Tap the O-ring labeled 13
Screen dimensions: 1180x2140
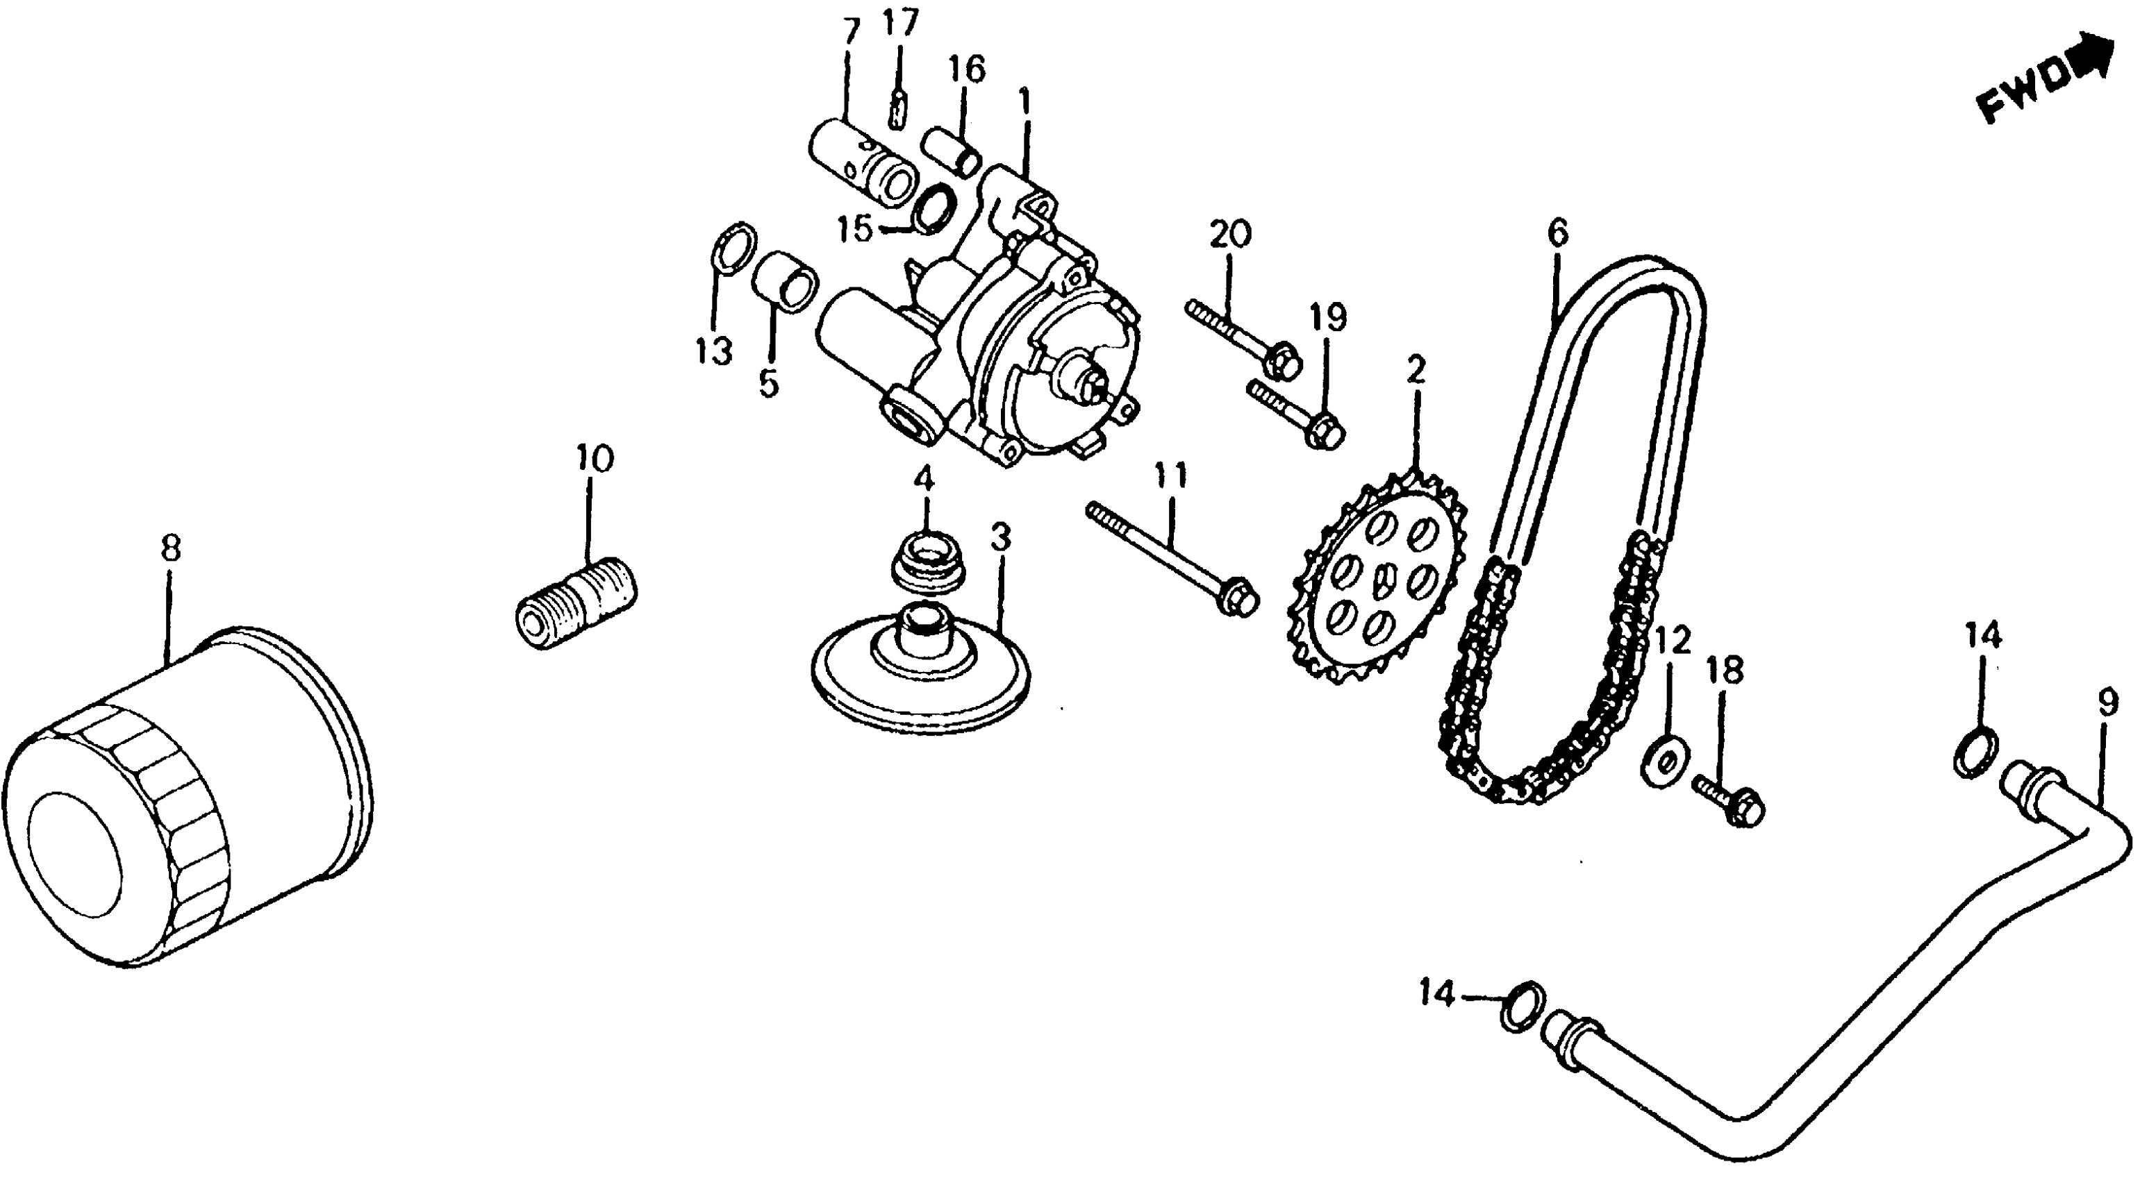pyautogui.click(x=734, y=246)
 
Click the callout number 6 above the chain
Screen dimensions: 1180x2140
pyautogui.click(x=1556, y=232)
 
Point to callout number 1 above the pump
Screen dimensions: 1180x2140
pyautogui.click(x=1025, y=101)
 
